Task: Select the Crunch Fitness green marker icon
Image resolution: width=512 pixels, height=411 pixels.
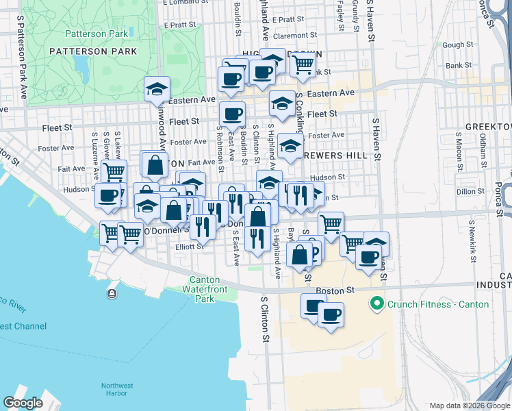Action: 376,303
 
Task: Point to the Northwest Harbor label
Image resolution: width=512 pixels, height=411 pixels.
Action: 117,389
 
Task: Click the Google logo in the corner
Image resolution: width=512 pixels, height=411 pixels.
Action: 23,403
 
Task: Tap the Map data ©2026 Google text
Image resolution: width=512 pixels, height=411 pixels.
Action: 470,406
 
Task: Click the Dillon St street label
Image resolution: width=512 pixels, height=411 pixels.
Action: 470,192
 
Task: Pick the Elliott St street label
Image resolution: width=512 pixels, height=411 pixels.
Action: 189,247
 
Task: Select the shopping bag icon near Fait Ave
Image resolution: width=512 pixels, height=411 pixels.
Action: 155,164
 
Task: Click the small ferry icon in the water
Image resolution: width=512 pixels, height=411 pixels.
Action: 111,294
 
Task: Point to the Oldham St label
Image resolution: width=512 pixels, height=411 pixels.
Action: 483,145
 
